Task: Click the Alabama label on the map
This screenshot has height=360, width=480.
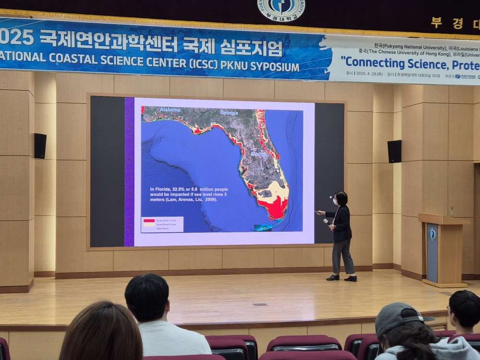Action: [x=170, y=110]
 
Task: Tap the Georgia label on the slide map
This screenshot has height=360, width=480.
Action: [x=229, y=113]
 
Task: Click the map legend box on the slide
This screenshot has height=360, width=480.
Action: [x=162, y=224]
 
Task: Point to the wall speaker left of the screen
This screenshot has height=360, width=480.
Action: [x=40, y=146]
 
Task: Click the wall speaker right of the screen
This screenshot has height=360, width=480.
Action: [x=395, y=151]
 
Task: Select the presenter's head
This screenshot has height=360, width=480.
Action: [x=341, y=198]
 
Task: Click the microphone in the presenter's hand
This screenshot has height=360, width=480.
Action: [x=326, y=221]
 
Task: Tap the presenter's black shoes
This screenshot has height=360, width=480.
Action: [x=341, y=278]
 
